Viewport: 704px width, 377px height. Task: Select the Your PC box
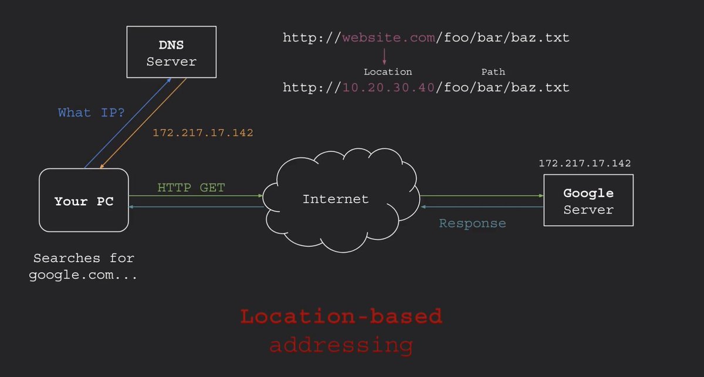[84, 201]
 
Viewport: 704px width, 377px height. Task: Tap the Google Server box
[588, 201]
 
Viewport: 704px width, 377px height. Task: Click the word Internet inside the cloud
[336, 199]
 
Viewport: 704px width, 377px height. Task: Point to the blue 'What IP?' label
[92, 113]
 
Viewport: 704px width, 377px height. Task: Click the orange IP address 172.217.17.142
[203, 133]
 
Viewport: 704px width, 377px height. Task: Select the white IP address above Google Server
[585, 164]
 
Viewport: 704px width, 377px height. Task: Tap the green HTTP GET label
[191, 188]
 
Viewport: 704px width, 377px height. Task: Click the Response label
[472, 223]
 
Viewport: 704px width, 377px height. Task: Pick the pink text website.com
[388, 38]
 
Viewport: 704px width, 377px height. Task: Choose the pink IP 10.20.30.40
[388, 87]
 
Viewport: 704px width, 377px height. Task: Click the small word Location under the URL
[388, 72]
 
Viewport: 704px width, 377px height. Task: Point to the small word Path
[493, 72]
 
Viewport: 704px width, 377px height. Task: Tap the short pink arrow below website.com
[385, 56]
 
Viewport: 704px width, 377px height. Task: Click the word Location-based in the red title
[341, 317]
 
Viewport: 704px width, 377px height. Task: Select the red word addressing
[341, 344]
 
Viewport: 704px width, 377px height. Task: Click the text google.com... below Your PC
[83, 275]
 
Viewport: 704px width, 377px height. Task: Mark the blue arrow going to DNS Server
[126, 123]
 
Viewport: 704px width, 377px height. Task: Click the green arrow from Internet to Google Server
[481, 196]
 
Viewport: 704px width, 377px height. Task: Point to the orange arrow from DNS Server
[144, 123]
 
